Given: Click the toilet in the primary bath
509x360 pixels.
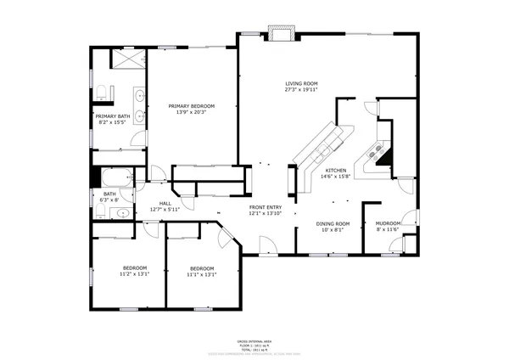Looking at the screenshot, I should pyautogui.click(x=100, y=91).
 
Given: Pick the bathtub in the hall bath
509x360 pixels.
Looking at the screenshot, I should pyautogui.click(x=116, y=177).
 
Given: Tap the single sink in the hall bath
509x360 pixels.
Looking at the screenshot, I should pyautogui.click(x=122, y=213).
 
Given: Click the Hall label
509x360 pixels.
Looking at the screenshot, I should pyautogui.click(x=165, y=204).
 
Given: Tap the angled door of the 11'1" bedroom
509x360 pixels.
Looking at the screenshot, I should pyautogui.click(x=226, y=239).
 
